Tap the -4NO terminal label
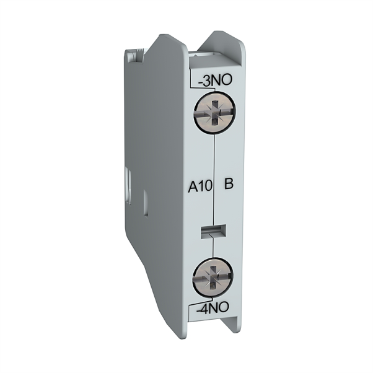[x=213, y=308]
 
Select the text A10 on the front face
[x=200, y=186]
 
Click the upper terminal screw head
[x=215, y=112]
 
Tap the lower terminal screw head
[x=213, y=276]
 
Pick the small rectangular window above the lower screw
[x=213, y=231]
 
